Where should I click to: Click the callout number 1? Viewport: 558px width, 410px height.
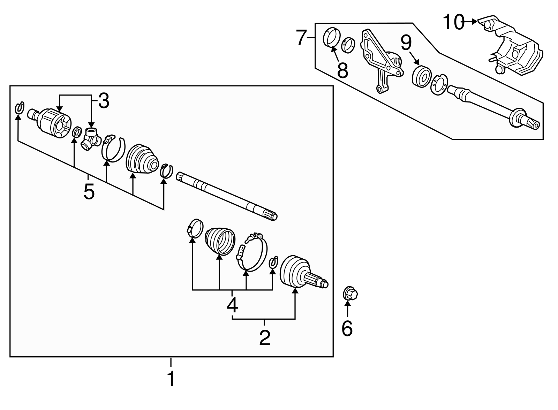tap(171, 379)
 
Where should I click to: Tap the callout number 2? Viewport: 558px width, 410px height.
tap(265, 338)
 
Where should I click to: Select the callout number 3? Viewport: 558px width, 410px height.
tap(104, 101)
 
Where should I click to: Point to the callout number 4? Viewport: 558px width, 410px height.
tap(232, 305)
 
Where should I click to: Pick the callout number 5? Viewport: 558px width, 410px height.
tap(89, 191)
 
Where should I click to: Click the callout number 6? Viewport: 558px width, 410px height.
tap(347, 328)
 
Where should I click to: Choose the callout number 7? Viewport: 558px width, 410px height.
tap(301, 37)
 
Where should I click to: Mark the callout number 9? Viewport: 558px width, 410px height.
tap(406, 43)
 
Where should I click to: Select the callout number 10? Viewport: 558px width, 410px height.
tap(454, 22)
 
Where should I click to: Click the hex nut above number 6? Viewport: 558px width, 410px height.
tap(350, 294)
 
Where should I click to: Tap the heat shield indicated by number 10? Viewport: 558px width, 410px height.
tap(510, 46)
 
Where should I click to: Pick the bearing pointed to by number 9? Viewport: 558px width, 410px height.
tap(422, 76)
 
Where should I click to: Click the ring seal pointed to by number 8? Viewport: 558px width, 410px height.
tap(332, 37)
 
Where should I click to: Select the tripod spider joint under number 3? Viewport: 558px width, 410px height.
tap(91, 139)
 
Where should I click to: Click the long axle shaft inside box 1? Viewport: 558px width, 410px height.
tap(226, 196)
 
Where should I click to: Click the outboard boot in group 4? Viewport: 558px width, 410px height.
tap(220, 241)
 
